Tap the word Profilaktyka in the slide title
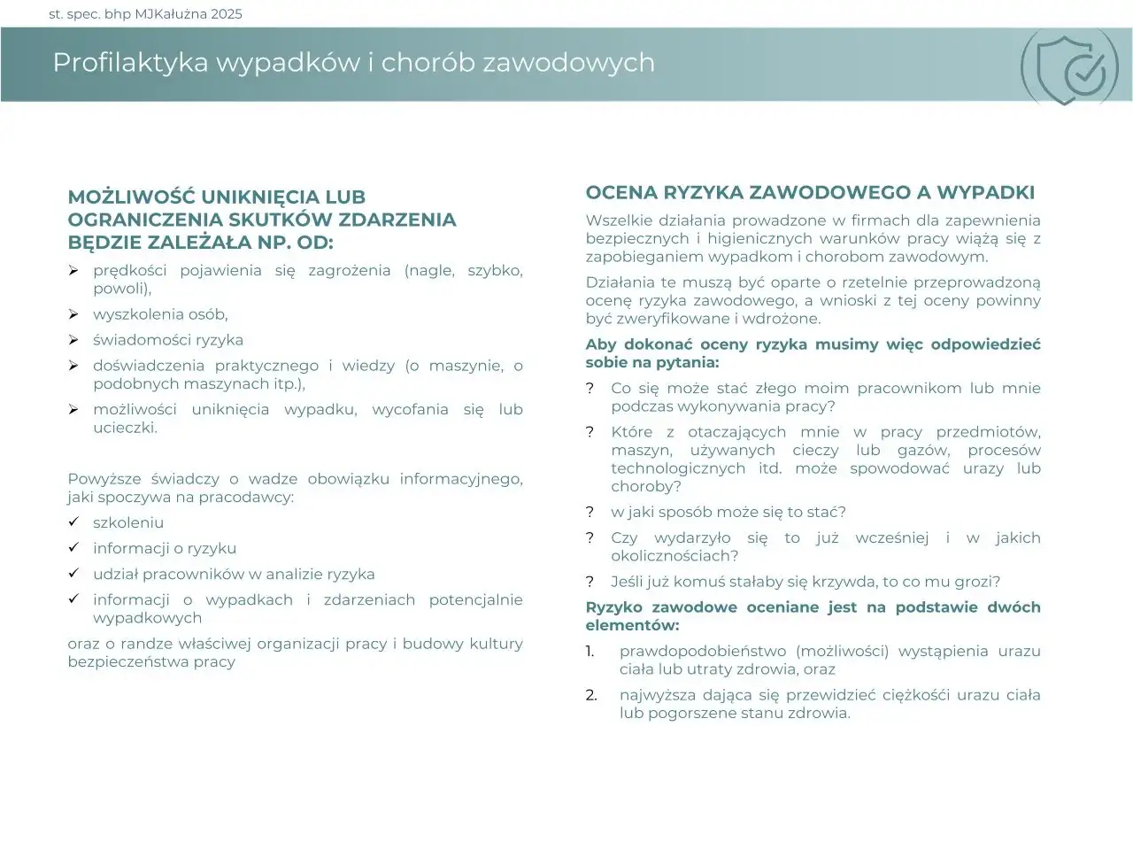pyautogui.click(x=130, y=63)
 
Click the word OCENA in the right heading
pyautogui.click(x=620, y=193)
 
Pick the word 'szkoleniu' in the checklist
pyautogui.click(x=128, y=523)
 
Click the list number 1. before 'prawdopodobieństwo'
pyautogui.click(x=590, y=652)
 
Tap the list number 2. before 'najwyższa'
pyautogui.click(x=590, y=695)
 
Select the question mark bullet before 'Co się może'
pyautogui.click(x=590, y=389)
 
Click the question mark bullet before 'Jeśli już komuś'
pyautogui.click(x=590, y=582)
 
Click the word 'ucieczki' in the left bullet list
pyautogui.click(x=124, y=428)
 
